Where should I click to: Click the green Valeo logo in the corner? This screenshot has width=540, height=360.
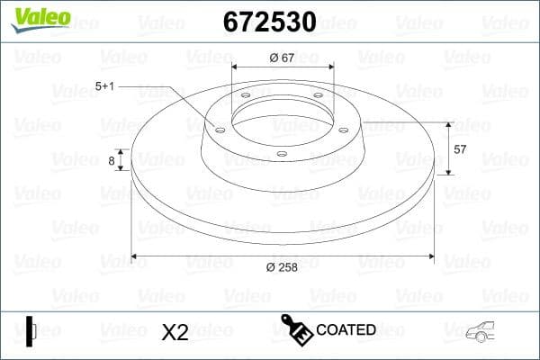click(39, 18)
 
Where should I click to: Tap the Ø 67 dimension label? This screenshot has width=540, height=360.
click(283, 58)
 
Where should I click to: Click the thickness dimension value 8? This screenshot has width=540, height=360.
click(112, 161)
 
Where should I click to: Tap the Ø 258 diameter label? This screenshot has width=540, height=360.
click(283, 266)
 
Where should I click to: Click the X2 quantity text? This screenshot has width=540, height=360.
click(175, 332)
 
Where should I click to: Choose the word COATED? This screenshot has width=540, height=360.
click(346, 329)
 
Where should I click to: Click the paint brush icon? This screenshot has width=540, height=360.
click(296, 330)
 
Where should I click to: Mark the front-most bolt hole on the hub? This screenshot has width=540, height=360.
click(281, 154)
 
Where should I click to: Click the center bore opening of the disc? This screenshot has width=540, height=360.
click(282, 117)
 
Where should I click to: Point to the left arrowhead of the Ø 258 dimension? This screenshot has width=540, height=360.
click(137, 255)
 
